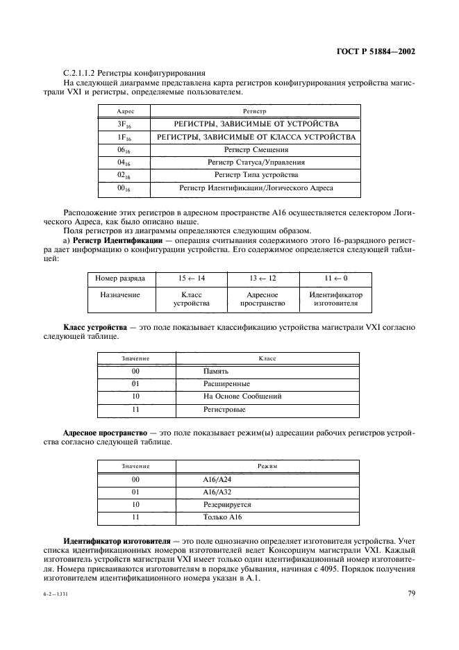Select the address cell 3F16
(x=125, y=124)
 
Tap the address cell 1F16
(x=125, y=137)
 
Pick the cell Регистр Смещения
(x=256, y=149)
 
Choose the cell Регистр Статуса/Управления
(x=256, y=162)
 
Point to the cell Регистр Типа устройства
(x=256, y=174)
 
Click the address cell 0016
(x=125, y=187)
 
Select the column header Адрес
(x=125, y=111)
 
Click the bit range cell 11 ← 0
(x=336, y=278)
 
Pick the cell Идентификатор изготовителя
(x=336, y=299)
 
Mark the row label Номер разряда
(x=120, y=278)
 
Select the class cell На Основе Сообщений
(x=242, y=397)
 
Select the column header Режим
(x=267, y=467)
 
